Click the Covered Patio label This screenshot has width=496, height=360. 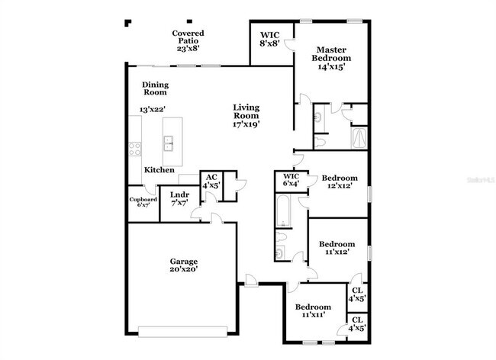coord(186,40)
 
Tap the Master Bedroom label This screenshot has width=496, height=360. coord(332,58)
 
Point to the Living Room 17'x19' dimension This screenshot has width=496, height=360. coord(247,124)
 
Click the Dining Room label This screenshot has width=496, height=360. coord(155,88)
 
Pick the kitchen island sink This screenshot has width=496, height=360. coord(169,141)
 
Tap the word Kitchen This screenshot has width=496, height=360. coord(159,169)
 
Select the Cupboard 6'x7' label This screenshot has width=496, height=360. coord(143,202)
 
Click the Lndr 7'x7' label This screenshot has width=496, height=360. coord(179,198)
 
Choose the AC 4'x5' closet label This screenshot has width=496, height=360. coord(211,181)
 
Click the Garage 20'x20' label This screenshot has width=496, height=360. coord(183,265)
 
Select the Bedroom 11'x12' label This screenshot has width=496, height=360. coord(337,249)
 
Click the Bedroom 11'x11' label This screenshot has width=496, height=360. coord(314,310)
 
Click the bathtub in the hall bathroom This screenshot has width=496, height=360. coord(283,212)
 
